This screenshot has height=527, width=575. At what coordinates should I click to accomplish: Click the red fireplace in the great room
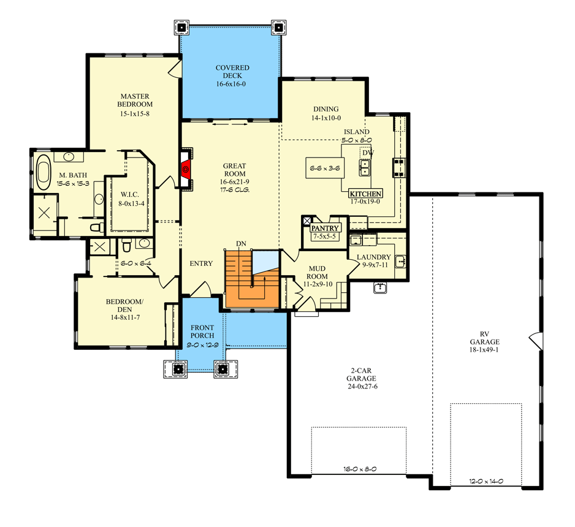pos(186,169)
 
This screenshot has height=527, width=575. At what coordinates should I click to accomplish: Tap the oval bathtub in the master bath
pos(44,172)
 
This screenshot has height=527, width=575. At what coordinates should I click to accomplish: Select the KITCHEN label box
pos(365,194)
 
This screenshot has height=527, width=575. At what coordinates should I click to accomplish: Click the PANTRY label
pos(325,228)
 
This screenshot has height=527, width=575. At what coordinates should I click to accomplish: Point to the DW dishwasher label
pos(368,153)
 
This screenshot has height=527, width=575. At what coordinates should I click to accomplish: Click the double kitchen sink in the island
pos(365,167)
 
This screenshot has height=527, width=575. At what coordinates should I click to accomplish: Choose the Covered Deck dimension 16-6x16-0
pos(231,84)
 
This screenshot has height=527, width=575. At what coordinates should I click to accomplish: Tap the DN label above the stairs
pos(241,244)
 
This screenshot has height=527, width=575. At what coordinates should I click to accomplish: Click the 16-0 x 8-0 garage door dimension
pos(360,469)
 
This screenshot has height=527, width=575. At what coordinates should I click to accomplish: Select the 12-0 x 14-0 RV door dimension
pos(486,481)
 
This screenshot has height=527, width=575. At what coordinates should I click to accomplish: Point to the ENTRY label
pos(201,263)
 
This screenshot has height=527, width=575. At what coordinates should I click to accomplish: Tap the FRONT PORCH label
pos(202,332)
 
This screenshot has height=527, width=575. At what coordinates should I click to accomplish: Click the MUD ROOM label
pos(317,272)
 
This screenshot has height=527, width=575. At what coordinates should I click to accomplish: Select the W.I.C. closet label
pos(129,195)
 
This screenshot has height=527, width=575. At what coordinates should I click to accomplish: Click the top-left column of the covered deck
pos(181,28)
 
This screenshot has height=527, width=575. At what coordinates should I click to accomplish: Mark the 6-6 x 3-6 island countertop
pos(325,169)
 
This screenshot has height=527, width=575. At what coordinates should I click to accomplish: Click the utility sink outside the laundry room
pos(380,287)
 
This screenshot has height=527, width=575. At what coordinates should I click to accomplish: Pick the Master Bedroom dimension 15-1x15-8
pos(135,113)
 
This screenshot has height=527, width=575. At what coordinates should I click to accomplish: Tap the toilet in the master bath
pos(97,227)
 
